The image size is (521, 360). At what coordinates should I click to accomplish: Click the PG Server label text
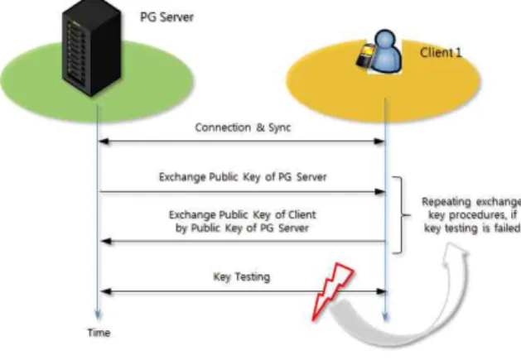coord(166,17)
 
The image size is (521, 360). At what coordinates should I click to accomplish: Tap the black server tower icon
coord(92,48)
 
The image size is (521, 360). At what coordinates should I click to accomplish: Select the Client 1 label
coord(441,52)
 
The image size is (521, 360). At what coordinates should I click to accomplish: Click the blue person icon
coord(385,50)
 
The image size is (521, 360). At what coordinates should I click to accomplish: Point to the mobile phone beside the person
coord(365,55)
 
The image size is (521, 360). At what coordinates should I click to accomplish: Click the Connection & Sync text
coord(243,127)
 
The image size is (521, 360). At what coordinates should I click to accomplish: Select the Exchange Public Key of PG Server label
coord(243,177)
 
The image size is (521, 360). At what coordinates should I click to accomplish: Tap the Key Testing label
coord(242,276)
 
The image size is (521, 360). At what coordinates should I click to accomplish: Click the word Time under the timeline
coord(99,333)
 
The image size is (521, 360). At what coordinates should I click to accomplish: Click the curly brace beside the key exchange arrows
coord(402,215)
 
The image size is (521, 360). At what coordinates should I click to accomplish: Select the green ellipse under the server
coord(97,81)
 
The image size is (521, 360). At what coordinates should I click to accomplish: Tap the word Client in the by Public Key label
coord(302,215)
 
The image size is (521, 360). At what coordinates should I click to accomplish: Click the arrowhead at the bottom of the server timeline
coord(98,314)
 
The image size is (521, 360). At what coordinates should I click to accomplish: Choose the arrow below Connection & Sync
coord(242,142)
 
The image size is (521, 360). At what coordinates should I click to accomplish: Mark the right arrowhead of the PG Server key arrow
coord(380,192)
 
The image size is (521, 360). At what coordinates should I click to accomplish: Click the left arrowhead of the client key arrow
coord(106,242)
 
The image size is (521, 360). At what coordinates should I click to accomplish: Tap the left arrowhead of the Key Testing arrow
coord(106,291)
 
